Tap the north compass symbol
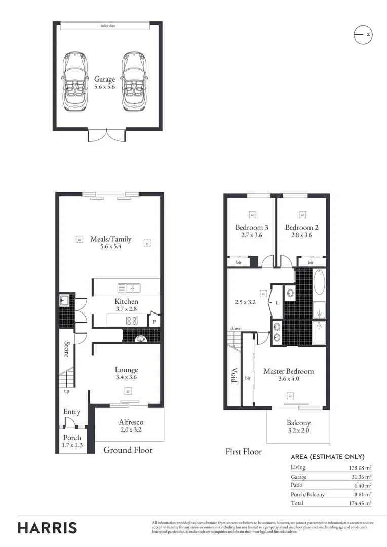point(362,34)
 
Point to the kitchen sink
point(129,288)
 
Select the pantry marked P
point(154,321)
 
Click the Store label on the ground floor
point(66,349)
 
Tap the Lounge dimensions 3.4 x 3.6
point(126,377)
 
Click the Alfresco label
point(131,422)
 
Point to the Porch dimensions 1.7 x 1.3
point(72,445)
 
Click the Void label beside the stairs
point(234,375)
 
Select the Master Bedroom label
point(288,371)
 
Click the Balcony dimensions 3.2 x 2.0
point(298,431)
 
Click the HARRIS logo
point(48,527)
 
